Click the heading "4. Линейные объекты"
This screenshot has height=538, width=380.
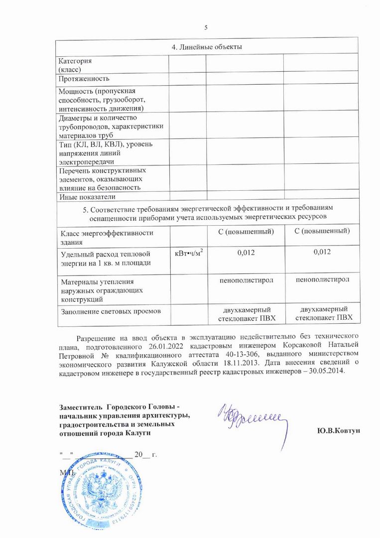[x=207, y=47]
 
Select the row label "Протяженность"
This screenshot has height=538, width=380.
[x=84, y=79]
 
